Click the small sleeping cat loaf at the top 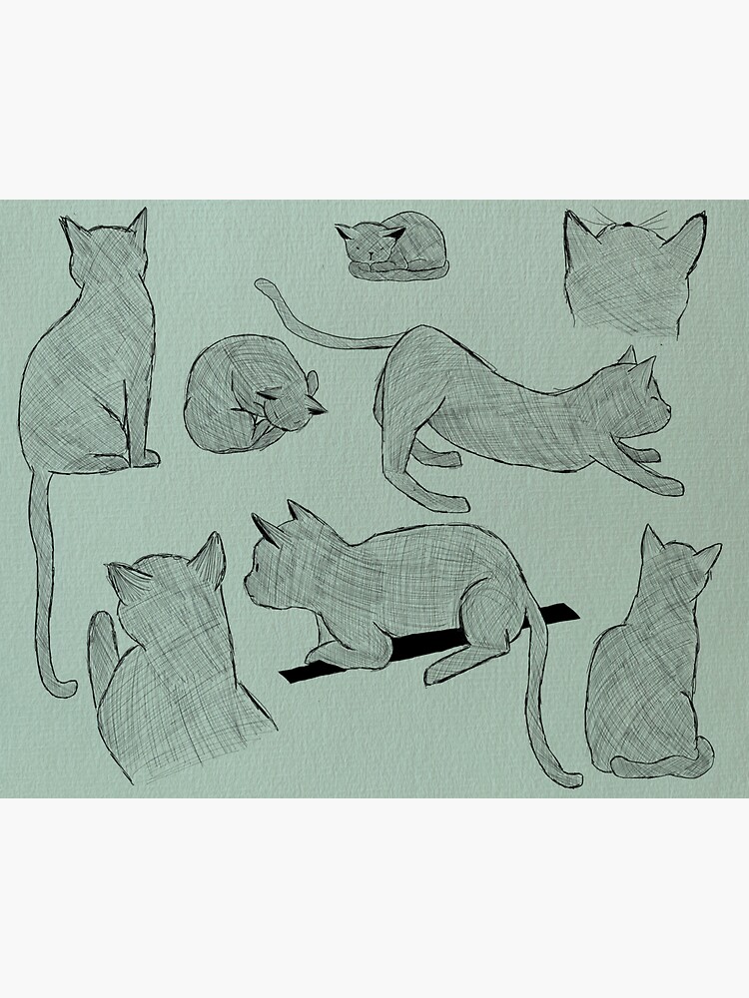tap(391, 247)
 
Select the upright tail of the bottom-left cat tap(101, 649)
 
